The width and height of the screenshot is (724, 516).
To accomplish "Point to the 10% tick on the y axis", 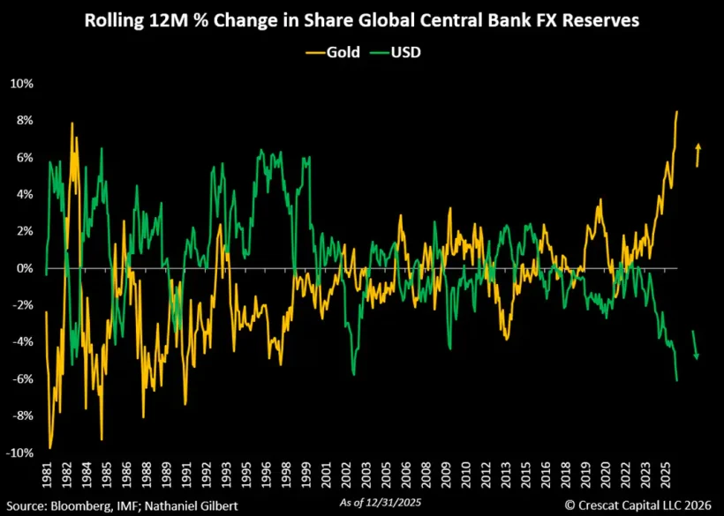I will (x=22, y=84).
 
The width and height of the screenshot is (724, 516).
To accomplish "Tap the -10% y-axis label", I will (x=19, y=452).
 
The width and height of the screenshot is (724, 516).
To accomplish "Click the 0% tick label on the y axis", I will (x=24, y=268).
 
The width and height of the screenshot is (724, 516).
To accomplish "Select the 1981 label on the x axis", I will (x=46, y=475).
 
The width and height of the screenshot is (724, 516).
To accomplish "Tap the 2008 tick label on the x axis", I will (x=426, y=475).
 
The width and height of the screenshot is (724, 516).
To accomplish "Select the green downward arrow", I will (x=695, y=345).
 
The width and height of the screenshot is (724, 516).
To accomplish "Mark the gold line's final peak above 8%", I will (x=676, y=112).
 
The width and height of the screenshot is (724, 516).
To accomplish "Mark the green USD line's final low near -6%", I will (x=676, y=380).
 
